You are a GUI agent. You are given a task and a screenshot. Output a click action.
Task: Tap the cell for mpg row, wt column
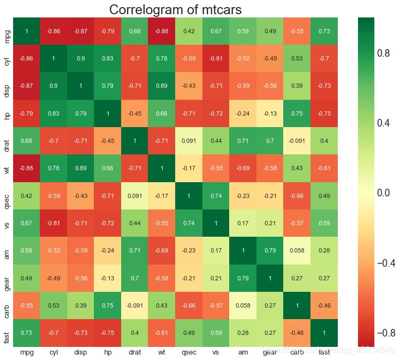[x=162, y=31]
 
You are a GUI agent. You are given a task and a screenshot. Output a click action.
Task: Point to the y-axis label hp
[x=7, y=113]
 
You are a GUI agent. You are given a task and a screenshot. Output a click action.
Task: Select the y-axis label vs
[x=7, y=223]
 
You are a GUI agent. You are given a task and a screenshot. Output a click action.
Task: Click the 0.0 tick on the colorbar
[x=385, y=193]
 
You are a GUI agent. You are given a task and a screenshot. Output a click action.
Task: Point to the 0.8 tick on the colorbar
[x=385, y=53]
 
